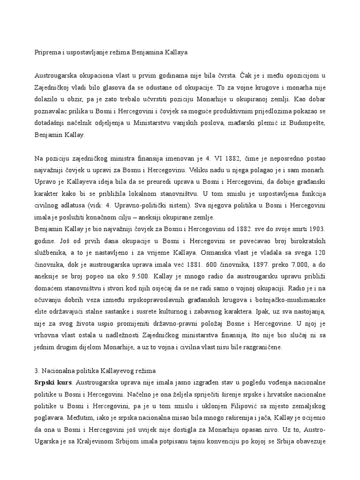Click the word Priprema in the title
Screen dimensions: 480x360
point(48,52)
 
